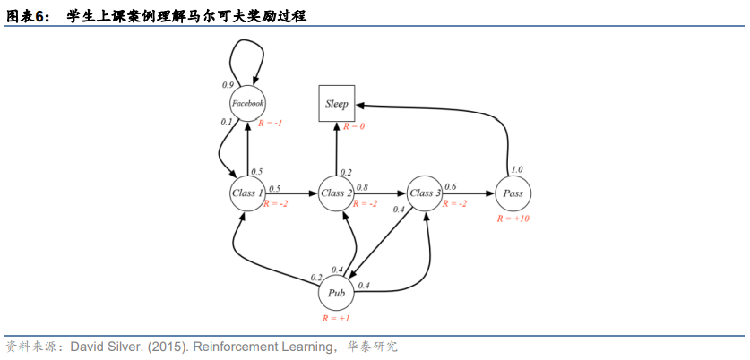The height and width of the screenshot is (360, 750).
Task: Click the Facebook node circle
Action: [247, 103]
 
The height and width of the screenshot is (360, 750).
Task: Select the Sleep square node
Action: [337, 104]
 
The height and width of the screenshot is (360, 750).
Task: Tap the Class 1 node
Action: [247, 193]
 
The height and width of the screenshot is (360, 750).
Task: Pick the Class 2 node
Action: [337, 193]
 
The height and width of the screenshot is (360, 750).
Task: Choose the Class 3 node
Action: [425, 193]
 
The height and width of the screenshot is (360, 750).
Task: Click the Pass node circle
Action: [513, 193]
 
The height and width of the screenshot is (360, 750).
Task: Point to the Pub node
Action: [337, 293]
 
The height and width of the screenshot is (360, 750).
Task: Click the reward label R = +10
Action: [513, 219]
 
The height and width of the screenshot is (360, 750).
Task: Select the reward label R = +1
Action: [337, 318]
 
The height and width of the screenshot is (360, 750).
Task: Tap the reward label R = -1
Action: [270, 123]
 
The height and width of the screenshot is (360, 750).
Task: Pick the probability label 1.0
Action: [517, 169]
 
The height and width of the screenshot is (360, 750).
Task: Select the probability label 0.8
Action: [362, 187]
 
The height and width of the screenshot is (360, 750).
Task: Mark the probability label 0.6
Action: [450, 187]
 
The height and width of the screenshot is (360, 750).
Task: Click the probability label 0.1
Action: [227, 122]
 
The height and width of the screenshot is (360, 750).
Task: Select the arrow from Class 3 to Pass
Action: [469, 193]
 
